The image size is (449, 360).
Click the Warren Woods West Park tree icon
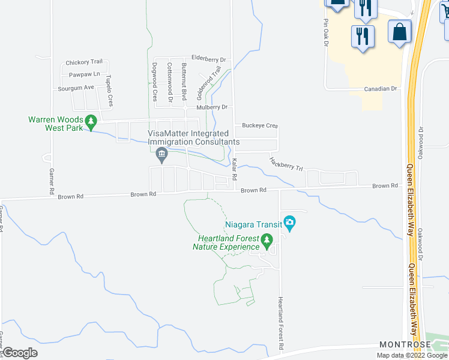click(91, 122)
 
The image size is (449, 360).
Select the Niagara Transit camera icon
click(290, 224)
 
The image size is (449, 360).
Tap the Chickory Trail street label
click(85, 62)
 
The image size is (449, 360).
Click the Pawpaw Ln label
click(84, 74)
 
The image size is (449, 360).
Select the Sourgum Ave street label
click(76, 87)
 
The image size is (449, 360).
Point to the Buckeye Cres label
click(260, 126)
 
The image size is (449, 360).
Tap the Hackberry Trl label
click(286, 163)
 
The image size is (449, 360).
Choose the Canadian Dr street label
click(381, 89)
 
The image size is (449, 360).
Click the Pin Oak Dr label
click(327, 33)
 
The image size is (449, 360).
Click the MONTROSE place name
click(405, 344)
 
